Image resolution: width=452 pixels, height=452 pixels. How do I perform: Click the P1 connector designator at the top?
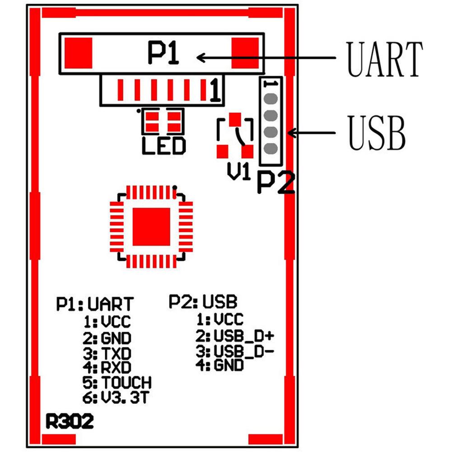[x=163, y=53]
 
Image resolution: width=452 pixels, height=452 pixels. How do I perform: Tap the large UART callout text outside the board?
[x=385, y=59]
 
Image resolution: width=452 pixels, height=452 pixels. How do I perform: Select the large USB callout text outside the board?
[x=377, y=132]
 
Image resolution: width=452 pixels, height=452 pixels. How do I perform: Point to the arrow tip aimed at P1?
[x=197, y=58]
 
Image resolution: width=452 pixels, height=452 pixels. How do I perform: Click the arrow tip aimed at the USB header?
[x=288, y=133]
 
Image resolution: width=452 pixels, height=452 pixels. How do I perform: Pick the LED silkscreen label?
[x=164, y=146]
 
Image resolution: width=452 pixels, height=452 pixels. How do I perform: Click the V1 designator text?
[x=239, y=171]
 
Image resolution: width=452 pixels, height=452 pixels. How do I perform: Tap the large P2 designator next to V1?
[x=276, y=183]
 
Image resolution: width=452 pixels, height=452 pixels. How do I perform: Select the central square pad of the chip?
[x=151, y=227]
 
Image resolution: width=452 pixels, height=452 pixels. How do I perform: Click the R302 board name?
[x=70, y=421]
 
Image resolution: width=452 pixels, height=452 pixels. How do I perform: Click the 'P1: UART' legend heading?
[x=95, y=304]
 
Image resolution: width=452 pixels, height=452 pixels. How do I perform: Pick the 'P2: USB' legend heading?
[x=203, y=302]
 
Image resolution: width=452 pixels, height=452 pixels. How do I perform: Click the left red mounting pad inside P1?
[x=79, y=53]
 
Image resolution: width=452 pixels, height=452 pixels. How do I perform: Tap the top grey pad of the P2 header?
[x=270, y=99]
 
